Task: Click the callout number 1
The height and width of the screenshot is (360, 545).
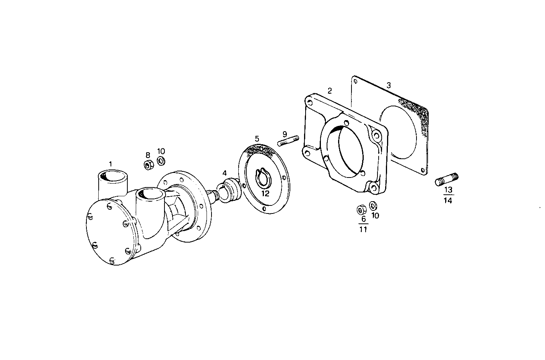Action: tap(111, 164)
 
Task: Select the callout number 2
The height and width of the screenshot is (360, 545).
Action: tap(330, 91)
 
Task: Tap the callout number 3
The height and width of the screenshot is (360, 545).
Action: tap(389, 85)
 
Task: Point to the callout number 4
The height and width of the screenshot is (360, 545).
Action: tap(225, 173)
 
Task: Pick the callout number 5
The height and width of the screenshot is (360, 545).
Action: tap(257, 138)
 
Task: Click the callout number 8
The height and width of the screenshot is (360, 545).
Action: tap(148, 155)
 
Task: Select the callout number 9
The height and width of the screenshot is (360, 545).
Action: tap(285, 134)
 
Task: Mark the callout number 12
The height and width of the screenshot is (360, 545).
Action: tap(265, 194)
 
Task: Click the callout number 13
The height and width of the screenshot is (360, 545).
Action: tap(448, 190)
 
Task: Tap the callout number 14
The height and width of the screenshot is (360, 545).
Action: tap(448, 200)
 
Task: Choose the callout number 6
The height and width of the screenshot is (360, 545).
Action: tap(363, 219)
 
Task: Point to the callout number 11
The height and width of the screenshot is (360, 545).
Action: tap(363, 229)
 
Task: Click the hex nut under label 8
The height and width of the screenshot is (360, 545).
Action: tap(149, 165)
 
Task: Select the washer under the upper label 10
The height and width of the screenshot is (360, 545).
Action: tap(161, 161)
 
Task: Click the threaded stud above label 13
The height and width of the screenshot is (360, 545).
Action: tap(447, 179)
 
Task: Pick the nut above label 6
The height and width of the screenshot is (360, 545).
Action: tap(361, 209)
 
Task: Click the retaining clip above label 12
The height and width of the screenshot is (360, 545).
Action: tap(264, 178)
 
